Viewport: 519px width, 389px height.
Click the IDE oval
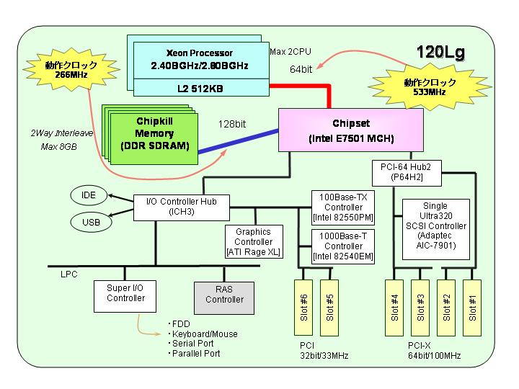(89, 195)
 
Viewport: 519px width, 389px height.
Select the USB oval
(91, 222)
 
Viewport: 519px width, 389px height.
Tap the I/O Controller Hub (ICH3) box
(182, 207)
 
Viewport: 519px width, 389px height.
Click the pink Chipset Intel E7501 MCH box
(351, 130)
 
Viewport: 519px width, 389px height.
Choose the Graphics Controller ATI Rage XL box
(254, 242)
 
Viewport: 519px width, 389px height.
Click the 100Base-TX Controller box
(343, 207)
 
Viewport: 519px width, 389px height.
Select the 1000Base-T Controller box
(343, 247)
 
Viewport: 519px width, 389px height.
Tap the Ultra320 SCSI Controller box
(436, 229)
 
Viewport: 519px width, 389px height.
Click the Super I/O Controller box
(125, 296)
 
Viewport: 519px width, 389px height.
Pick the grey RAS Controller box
(224, 298)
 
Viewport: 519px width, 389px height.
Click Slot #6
(303, 308)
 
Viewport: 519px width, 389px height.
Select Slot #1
(472, 308)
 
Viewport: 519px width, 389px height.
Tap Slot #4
(394, 308)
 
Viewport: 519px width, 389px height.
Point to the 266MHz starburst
(71, 69)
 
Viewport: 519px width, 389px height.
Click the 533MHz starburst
(430, 86)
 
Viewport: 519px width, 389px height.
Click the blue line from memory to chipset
(239, 142)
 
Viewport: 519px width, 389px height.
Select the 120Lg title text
(440, 53)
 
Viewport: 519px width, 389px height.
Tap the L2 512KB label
(200, 89)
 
